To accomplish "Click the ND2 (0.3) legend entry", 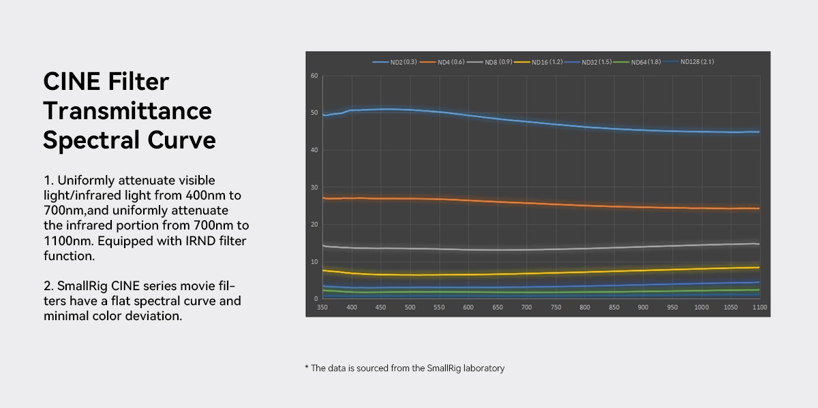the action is [395, 62].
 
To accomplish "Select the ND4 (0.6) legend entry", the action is [442, 62].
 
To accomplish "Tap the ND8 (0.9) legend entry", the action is [489, 62].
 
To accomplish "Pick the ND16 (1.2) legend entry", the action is [539, 62].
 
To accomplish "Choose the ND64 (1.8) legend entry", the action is [637, 62].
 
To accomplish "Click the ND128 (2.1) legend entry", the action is [688, 62].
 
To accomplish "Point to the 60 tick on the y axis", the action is [314, 76].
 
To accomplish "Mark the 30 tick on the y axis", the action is [314, 187].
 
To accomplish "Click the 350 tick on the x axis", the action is [322, 307].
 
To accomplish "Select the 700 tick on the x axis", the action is [526, 307].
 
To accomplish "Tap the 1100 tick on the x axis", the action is [759, 307].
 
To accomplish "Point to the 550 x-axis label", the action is [439, 307].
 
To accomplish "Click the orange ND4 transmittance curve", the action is [541, 203].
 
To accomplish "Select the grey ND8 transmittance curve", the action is [541, 249].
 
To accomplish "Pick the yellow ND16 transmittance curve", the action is [541, 273].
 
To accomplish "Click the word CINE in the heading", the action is [72, 81].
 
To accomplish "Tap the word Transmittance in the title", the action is [127, 110].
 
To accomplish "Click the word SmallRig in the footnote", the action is [444, 368].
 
